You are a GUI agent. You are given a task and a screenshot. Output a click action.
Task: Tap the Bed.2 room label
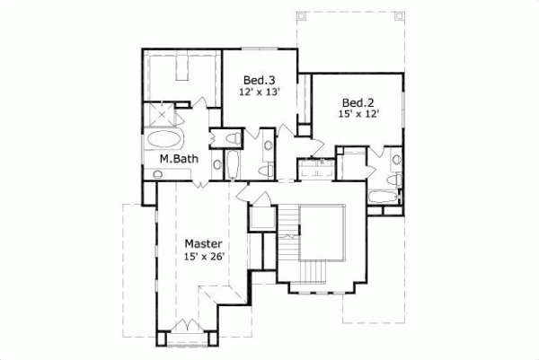(357, 101)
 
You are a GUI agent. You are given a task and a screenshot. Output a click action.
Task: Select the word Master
(203, 243)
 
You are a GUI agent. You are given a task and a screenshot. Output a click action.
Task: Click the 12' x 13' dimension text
(260, 92)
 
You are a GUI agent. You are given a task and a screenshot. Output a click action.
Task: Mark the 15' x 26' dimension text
(203, 257)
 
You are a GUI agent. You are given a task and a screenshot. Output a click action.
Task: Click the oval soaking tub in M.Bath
(163, 139)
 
